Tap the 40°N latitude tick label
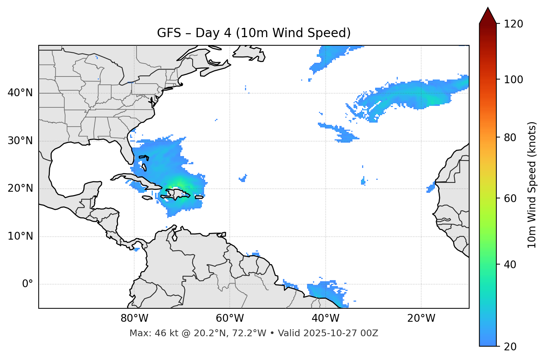[20, 93]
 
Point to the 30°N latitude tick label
[20, 141]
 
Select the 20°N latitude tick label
[20, 188]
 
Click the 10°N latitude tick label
[20, 236]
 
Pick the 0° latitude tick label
[28, 284]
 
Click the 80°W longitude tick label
[134, 318]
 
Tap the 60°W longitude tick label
[230, 318]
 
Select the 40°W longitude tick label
[326, 318]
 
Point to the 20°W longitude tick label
[421, 318]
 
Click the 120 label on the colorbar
[513, 24]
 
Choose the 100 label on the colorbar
[513, 80]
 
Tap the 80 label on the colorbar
[510, 137]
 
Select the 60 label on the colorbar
[510, 198]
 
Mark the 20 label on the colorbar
[510, 347]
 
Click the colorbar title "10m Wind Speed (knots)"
[532, 185]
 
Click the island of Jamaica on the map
[147, 198]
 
